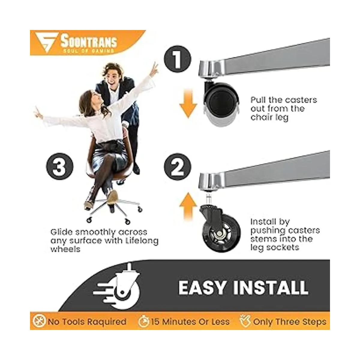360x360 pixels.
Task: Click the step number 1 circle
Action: pyautogui.click(x=178, y=59)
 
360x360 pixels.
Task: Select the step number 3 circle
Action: pyautogui.click(x=60, y=166)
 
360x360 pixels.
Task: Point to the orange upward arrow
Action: pyautogui.click(x=188, y=206)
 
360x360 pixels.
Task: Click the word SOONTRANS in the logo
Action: pyautogui.click(x=89, y=41)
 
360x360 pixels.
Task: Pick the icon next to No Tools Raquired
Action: pyautogui.click(x=39, y=322)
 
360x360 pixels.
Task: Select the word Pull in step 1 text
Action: pyautogui.click(x=258, y=100)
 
